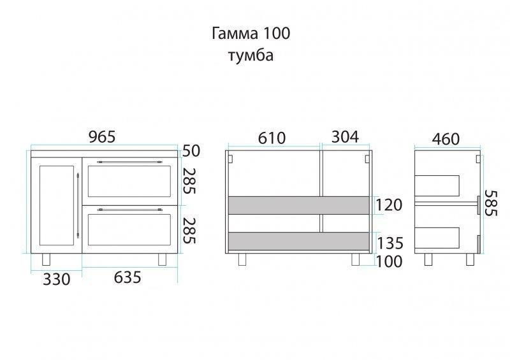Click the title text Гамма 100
click(251, 33)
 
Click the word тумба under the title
click(251, 55)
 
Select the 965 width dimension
click(102, 137)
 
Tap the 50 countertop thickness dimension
click(191, 151)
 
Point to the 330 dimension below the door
click(57, 279)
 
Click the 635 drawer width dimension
click(127, 277)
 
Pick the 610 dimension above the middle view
click(272, 138)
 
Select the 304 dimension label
click(345, 137)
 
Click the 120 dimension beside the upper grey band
click(389, 205)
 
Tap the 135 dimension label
click(390, 243)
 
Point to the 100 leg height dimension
click(389, 261)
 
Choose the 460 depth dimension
click(446, 139)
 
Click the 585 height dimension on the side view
click(491, 203)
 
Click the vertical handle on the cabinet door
click(78, 205)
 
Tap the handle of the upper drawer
click(129, 161)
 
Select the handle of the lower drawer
click(129, 210)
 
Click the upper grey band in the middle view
click(299, 205)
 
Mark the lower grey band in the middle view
click(299, 241)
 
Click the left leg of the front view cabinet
click(47, 259)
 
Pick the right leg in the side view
click(470, 259)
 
